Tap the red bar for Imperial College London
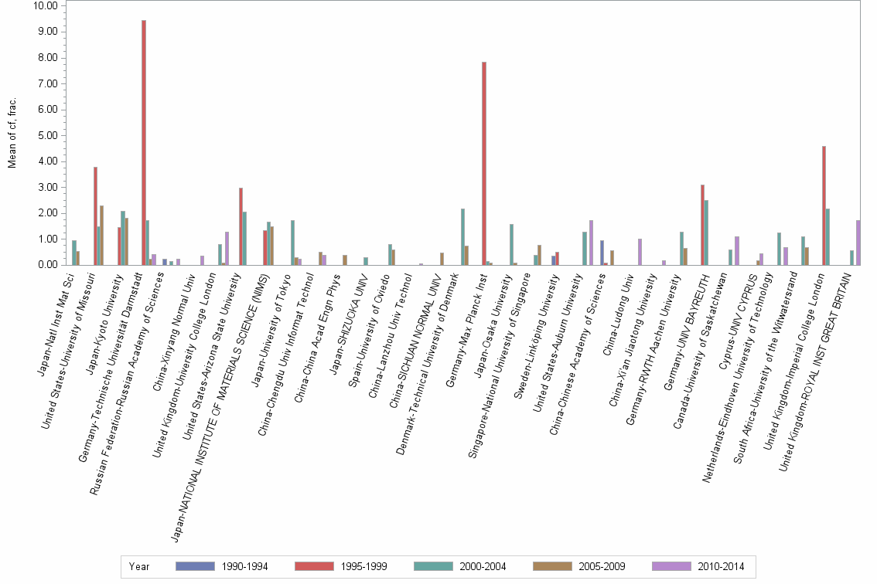824,205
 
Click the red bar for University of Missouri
95,216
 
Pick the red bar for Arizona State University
241,226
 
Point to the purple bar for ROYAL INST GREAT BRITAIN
858,243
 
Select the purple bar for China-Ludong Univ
640,252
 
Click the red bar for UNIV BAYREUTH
702,225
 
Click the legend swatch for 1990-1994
194,566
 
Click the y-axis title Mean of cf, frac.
12,136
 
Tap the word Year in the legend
139,566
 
